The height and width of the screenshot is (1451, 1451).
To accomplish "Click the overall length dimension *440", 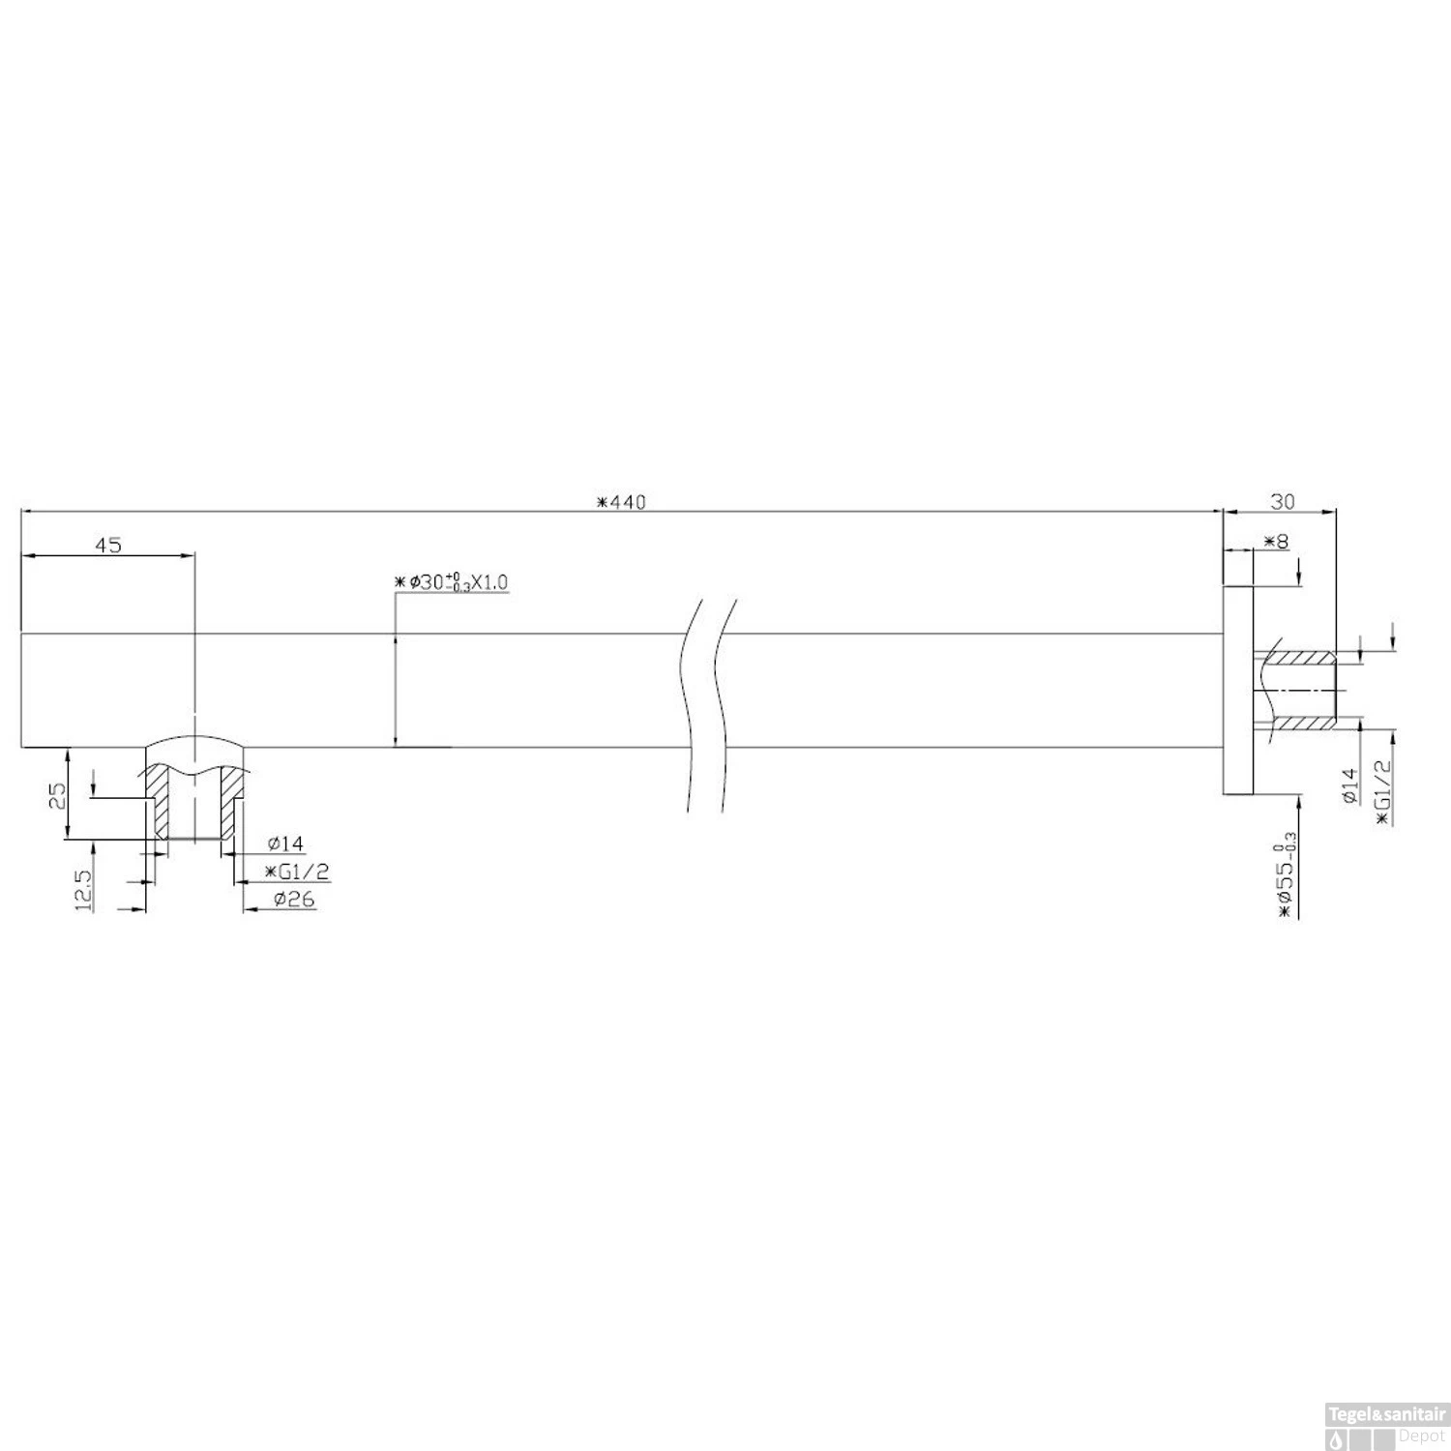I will point(621,501).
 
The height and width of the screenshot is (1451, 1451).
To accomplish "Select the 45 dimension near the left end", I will point(108,546).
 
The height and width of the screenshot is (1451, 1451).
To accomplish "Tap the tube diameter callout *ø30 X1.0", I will point(452,582).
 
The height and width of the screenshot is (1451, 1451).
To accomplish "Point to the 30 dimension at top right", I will point(1282,501).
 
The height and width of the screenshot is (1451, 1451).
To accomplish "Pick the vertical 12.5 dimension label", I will point(82,890).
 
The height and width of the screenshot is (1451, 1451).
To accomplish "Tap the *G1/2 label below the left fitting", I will point(298,872).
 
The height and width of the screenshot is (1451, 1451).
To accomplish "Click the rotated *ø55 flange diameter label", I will point(1285,874).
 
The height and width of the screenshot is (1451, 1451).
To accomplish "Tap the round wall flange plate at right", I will point(1238,691).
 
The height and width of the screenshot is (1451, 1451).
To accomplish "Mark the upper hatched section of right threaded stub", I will point(1301,659).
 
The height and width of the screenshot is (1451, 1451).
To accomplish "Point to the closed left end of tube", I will point(21,691).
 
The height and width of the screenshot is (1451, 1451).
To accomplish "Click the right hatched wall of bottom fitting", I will point(231,803).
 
